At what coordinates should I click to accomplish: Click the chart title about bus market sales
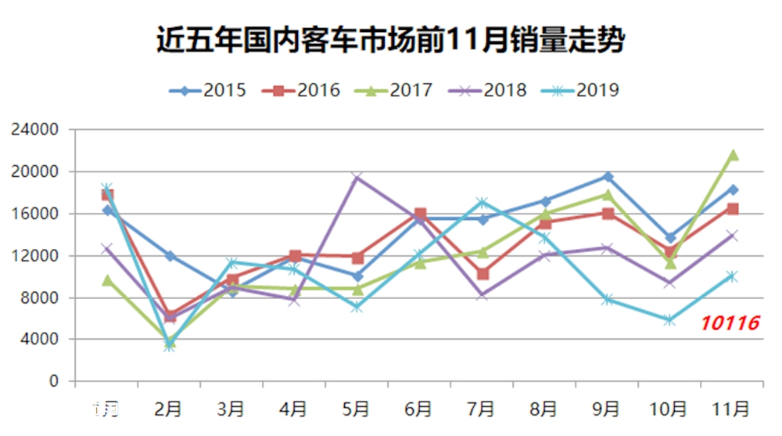(390, 39)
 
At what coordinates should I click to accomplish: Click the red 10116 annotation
(729, 322)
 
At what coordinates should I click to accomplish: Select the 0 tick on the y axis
(54, 382)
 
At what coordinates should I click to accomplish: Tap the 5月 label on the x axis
(357, 409)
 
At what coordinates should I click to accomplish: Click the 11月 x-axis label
(732, 409)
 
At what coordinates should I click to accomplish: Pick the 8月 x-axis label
(544, 409)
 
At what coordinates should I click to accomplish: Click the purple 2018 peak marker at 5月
(357, 178)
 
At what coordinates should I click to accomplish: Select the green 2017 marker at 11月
(733, 155)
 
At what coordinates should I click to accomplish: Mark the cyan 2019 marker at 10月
(669, 319)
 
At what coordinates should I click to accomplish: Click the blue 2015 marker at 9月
(608, 177)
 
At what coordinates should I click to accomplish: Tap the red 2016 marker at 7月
(482, 274)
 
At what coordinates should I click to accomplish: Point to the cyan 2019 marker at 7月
(482, 203)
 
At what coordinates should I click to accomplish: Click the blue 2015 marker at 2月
(169, 256)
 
